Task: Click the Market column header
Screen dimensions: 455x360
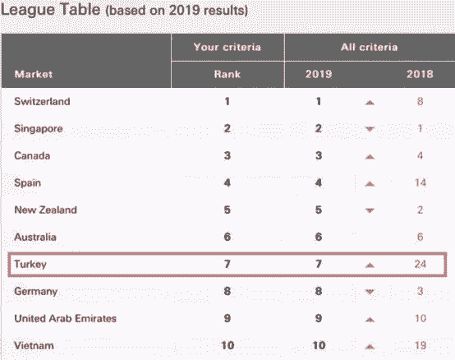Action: tap(34, 74)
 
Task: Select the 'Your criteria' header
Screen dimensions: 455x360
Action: tap(227, 47)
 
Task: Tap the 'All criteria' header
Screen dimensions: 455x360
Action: tap(369, 47)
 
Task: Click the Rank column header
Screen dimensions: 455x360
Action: tap(227, 74)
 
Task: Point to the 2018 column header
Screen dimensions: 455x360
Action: tap(420, 74)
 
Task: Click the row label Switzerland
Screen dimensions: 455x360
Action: tap(42, 101)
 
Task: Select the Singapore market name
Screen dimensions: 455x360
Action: tap(39, 128)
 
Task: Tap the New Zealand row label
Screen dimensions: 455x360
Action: tap(45, 210)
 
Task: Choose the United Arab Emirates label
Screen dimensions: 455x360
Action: tap(65, 318)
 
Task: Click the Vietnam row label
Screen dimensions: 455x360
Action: tap(34, 345)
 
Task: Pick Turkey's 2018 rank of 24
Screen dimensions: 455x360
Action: tap(421, 264)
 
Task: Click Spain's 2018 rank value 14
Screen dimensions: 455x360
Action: tap(421, 183)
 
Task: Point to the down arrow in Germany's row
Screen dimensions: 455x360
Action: tap(370, 292)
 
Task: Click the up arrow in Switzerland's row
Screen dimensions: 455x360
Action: tap(370, 102)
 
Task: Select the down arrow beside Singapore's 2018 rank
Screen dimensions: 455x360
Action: tap(370, 129)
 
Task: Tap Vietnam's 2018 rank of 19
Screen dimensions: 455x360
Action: tap(421, 345)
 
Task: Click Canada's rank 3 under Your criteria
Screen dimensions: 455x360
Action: tap(227, 155)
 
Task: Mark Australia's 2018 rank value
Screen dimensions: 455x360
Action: tap(420, 237)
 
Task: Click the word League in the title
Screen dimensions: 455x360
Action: tap(28, 10)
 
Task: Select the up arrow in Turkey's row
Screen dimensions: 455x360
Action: tap(370, 265)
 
